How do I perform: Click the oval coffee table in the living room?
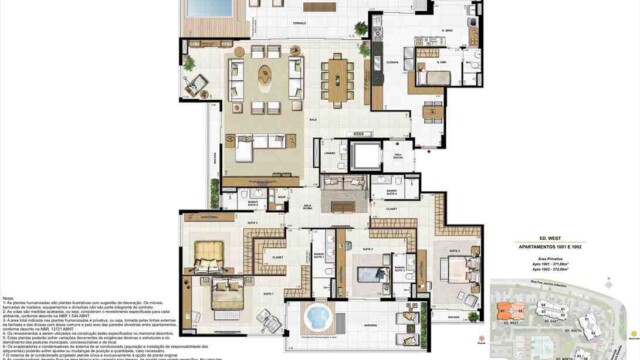point(265,72)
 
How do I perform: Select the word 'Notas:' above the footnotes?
point(9,297)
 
